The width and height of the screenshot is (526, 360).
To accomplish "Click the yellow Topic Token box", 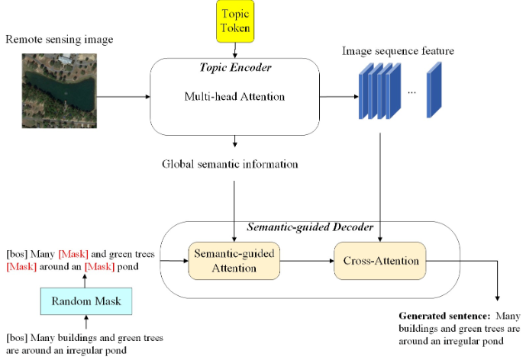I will pyautogui.click(x=234, y=20).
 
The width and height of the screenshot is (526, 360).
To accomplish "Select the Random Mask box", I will pyautogui.click(x=86, y=301).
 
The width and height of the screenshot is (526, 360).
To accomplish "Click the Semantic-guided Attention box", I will pyautogui.click(x=233, y=261).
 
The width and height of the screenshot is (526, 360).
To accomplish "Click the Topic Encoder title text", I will pyautogui.click(x=234, y=67).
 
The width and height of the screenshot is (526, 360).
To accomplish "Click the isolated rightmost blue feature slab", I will pyautogui.click(x=434, y=90).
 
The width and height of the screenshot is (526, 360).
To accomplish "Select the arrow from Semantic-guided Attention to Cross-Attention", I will pyautogui.click(x=305, y=261).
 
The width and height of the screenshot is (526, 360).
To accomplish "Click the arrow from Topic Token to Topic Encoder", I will pyautogui.click(x=234, y=50).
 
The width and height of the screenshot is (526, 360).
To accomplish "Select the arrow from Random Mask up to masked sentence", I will pyautogui.click(x=86, y=279).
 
